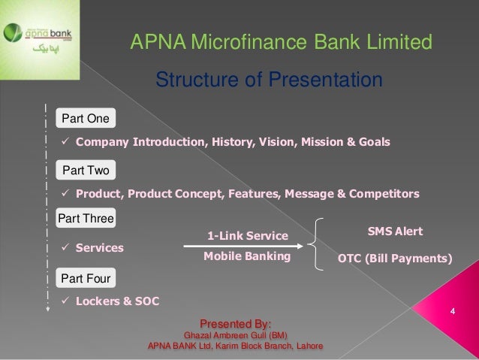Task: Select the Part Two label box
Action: pos(86,171)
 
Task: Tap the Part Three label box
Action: pos(86,219)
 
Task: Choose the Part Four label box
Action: pos(86,279)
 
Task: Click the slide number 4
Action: pos(453,310)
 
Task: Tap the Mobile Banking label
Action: pos(247,257)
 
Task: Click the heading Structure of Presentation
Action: pos(269,80)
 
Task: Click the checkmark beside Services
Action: pos(65,247)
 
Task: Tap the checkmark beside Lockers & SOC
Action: pos(65,301)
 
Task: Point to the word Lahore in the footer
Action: pos(308,346)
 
